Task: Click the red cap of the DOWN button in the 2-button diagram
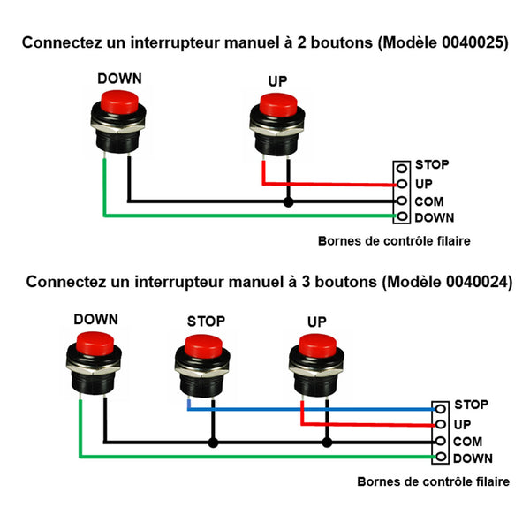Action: (119, 102)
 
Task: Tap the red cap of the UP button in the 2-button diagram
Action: (278, 105)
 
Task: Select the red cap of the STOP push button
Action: (203, 347)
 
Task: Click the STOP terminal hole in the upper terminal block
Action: (402, 168)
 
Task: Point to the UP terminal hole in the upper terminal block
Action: (402, 184)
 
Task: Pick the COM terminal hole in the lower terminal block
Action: (441, 441)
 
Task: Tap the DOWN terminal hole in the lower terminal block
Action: (441, 457)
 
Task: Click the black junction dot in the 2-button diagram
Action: (288, 202)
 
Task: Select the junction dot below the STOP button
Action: (213, 443)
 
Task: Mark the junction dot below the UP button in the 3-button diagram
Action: (327, 443)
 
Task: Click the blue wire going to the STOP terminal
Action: (311, 409)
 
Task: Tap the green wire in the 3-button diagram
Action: (257, 457)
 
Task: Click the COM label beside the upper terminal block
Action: (429, 201)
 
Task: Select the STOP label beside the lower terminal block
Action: (471, 405)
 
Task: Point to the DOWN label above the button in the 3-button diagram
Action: (96, 320)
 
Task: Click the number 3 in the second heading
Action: (306, 282)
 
